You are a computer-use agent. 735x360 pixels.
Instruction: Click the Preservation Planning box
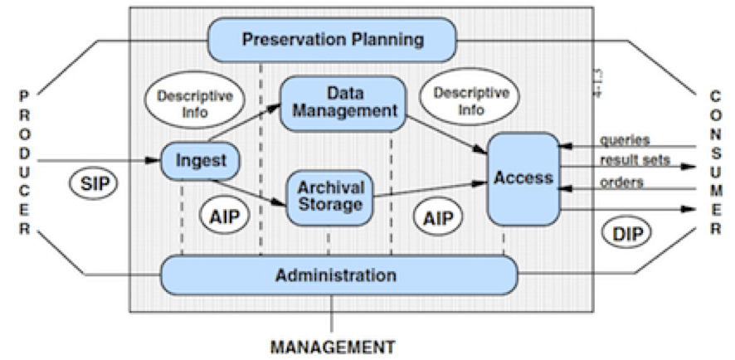tap(332, 39)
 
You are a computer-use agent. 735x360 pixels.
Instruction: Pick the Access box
tap(523, 178)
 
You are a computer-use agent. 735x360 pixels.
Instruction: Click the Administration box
tap(338, 275)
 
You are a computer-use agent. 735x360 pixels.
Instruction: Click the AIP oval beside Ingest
tap(223, 216)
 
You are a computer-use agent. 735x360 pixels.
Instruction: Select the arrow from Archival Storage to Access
tap(429, 190)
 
